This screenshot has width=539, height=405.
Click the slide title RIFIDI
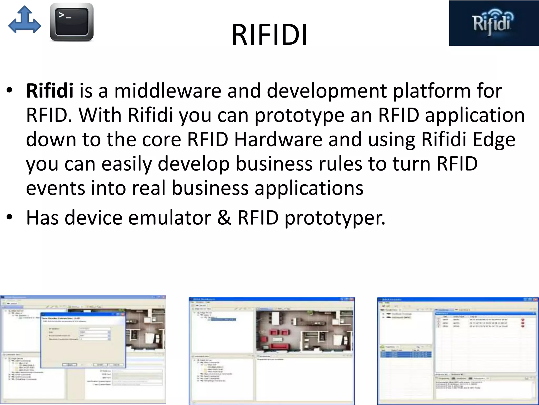269,35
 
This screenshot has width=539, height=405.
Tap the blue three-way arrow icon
24,20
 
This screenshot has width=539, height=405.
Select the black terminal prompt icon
72,22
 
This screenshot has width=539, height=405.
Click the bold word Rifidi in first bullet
49,91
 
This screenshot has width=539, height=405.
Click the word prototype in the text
299,115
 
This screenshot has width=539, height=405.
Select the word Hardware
278,140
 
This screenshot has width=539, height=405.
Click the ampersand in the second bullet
224,218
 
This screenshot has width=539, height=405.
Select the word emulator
170,218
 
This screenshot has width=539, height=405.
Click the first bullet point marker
9,90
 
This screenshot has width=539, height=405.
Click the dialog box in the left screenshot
83,340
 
